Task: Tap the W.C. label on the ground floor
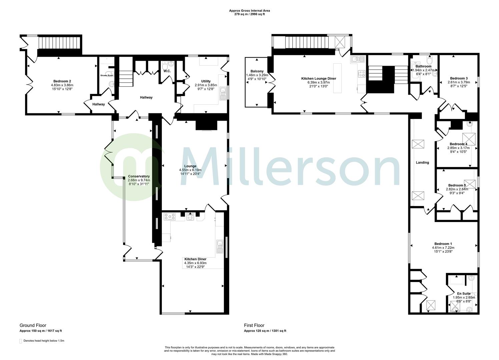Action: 167,71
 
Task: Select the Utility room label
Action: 206,81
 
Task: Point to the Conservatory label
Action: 139,176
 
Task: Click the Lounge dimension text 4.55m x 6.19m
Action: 190,170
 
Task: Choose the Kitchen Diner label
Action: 195,259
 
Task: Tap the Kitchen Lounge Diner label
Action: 319,78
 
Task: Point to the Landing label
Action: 422,163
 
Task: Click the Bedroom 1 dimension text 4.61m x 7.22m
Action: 443,248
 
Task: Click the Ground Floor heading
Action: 33,325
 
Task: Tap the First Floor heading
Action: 254,325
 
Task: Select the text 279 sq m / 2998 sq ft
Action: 249,15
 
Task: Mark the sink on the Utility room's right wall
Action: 222,95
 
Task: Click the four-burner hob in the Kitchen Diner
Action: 170,217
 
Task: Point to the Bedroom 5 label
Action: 457,185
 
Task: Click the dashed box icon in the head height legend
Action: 21,341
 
